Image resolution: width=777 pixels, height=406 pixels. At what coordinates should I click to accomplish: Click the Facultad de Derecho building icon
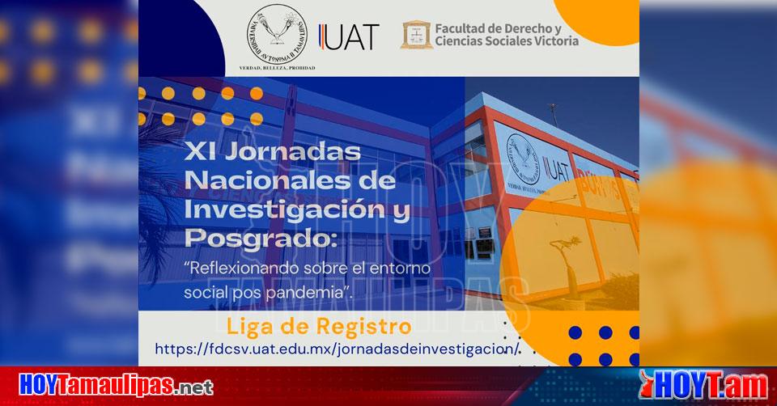pyautogui.click(x=415, y=35)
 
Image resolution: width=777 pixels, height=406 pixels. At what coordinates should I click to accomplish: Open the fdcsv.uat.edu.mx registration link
pyautogui.click(x=333, y=349)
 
